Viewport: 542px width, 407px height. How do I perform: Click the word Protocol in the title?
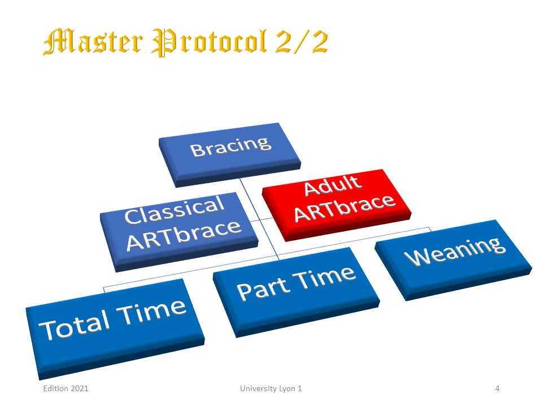tap(209, 42)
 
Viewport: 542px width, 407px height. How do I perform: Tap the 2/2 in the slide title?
tap(301, 41)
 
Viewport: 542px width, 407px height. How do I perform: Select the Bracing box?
tap(230, 155)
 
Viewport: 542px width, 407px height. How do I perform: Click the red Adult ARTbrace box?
tap(336, 205)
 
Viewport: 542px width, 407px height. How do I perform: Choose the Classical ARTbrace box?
tap(179, 232)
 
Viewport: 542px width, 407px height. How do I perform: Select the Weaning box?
tap(453, 259)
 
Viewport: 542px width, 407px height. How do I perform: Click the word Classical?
tap(174, 210)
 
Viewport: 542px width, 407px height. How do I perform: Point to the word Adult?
tap(333, 186)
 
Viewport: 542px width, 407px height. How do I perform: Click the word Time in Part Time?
tap(324, 277)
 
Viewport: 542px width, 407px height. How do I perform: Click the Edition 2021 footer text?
tap(65, 388)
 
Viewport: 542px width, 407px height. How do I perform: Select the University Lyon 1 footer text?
tap(271, 388)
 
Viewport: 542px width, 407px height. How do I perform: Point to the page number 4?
tap(497, 388)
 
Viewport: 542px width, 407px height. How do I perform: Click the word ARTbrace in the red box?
tap(344, 209)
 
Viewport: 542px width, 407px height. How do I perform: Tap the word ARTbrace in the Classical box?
tap(184, 235)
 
